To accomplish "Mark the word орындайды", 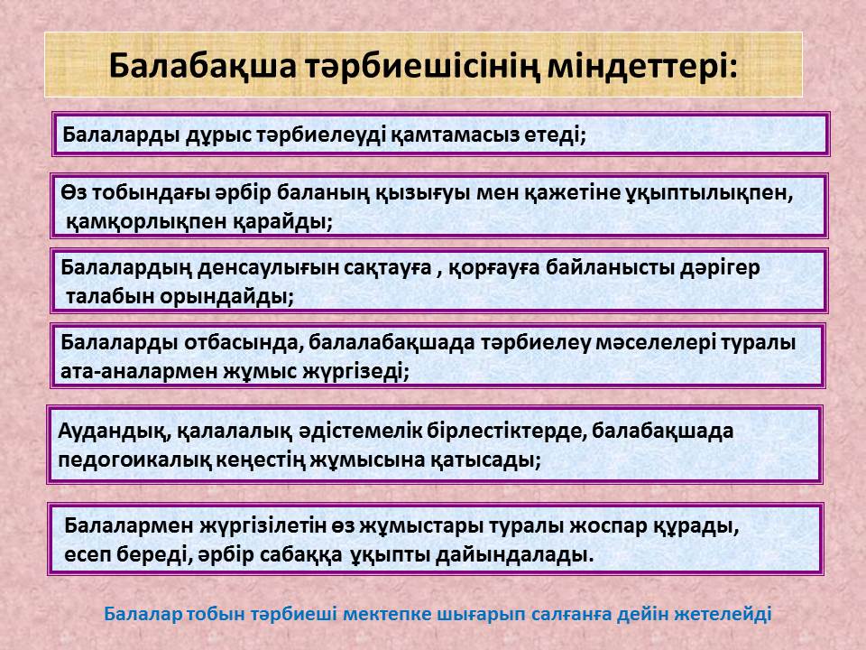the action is point(227,297).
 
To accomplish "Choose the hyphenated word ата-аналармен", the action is point(138,371).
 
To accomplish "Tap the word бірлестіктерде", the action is point(506,432).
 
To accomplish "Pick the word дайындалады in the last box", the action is point(515,554).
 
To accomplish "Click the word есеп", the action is point(88,555).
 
